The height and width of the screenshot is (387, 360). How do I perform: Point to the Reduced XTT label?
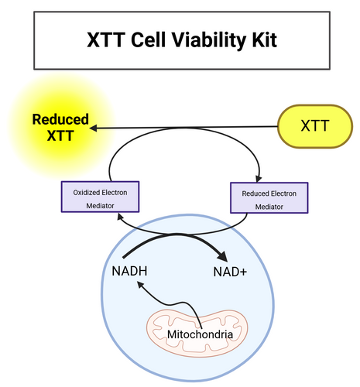(60, 128)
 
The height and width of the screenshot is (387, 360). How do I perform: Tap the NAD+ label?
(230, 272)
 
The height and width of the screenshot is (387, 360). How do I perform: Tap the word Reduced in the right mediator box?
(252, 193)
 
